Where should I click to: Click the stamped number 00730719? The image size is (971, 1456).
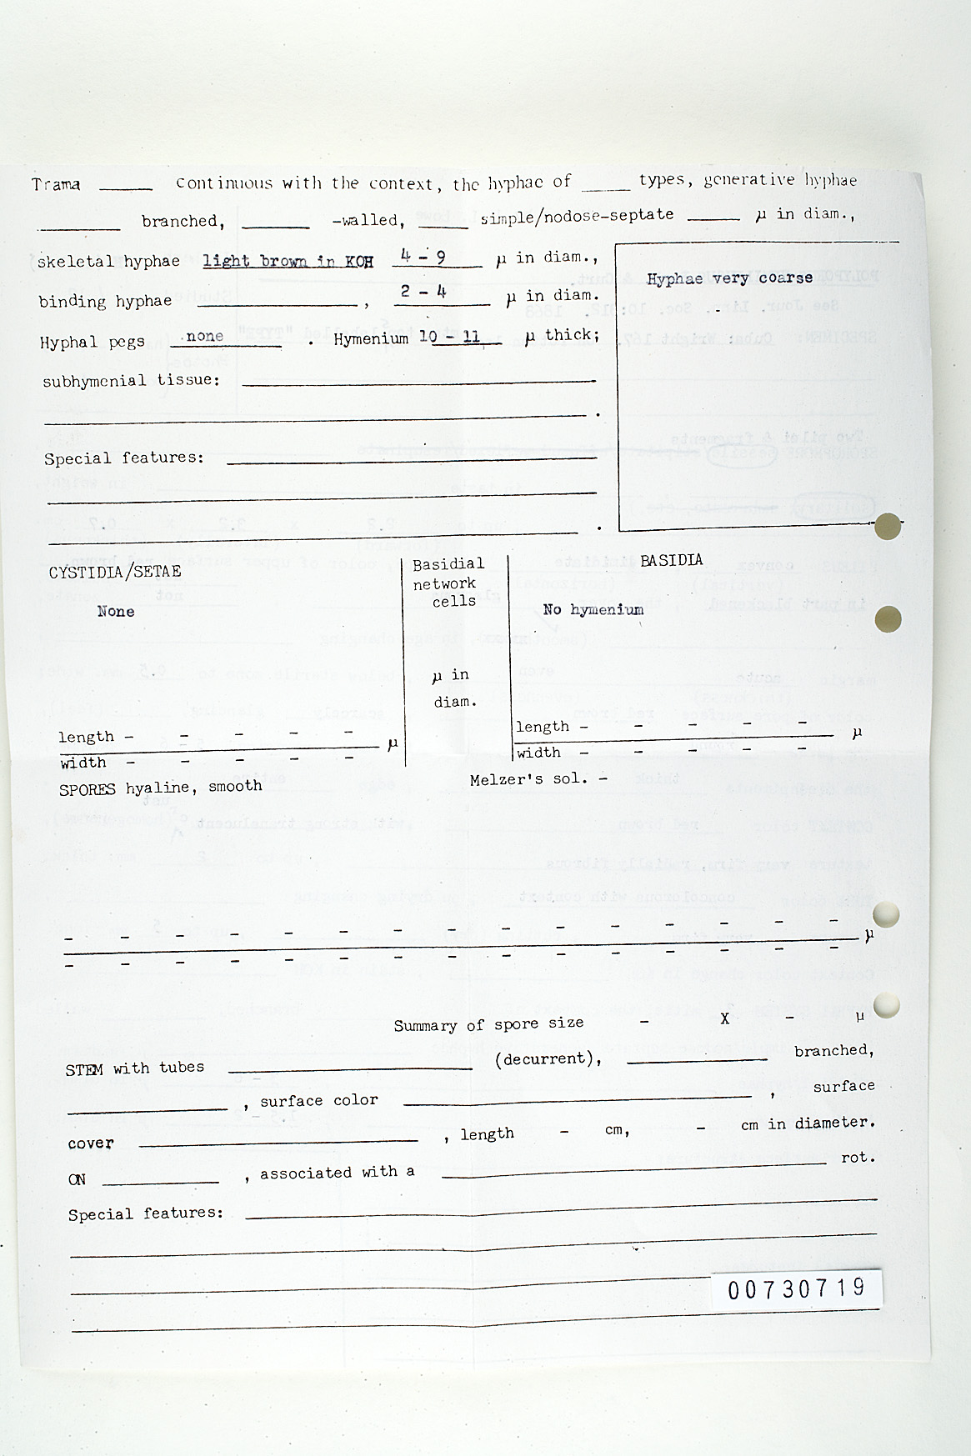[x=797, y=1288]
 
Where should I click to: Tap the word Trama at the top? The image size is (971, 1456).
[x=56, y=184]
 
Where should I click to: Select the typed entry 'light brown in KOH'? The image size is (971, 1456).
[x=288, y=261]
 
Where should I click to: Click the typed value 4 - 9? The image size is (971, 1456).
[x=423, y=257]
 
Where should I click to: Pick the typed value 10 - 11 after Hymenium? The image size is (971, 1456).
[x=450, y=337]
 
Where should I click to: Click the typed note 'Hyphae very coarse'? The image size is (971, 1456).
[x=729, y=278]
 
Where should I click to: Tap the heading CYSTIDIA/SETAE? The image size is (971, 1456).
[x=114, y=572]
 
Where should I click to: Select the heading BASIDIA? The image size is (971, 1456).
[x=671, y=560]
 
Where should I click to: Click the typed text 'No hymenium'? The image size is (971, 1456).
[x=593, y=609]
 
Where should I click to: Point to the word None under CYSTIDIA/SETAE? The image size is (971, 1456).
[x=115, y=611]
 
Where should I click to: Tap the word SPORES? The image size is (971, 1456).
[x=87, y=789]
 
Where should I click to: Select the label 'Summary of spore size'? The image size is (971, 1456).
[x=488, y=1024]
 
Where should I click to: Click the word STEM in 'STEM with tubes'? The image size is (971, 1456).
[x=84, y=1069]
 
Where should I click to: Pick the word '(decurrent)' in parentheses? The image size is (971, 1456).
[x=548, y=1059]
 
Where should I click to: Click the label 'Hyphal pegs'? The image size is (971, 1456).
[x=92, y=342]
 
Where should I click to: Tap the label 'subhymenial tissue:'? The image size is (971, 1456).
[x=131, y=381]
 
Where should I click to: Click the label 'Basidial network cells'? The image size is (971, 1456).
[x=448, y=583]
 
